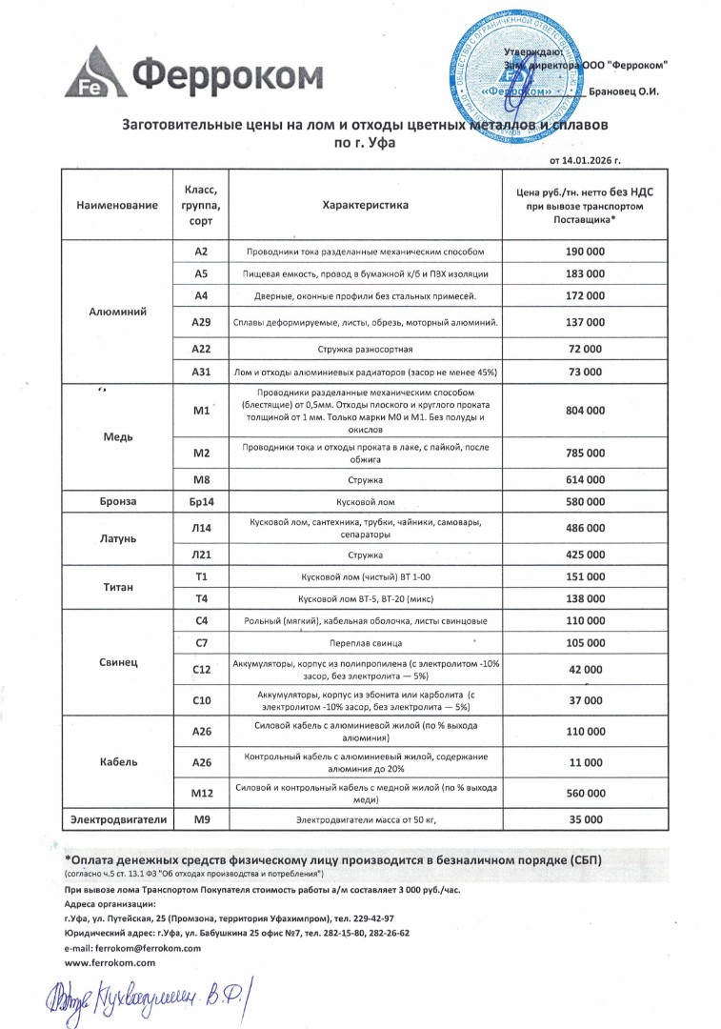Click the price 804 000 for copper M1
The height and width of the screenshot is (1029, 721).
point(585,411)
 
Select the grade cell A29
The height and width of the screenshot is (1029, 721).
point(201,323)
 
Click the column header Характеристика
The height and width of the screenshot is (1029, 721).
point(365,205)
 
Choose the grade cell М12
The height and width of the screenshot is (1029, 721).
point(201,793)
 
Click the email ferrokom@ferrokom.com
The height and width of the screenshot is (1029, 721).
point(132,949)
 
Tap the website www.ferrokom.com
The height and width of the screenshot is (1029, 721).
point(110,964)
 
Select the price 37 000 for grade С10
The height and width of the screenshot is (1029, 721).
point(585,700)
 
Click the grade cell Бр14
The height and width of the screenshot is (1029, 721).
point(201,501)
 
